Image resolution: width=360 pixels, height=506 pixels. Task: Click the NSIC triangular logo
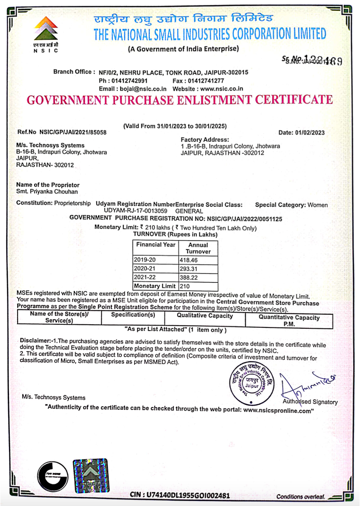coord(46,30)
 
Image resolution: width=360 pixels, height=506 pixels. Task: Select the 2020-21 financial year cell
coord(145,269)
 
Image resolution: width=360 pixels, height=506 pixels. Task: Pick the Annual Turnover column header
coord(198,248)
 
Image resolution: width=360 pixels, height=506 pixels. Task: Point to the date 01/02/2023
coord(308,133)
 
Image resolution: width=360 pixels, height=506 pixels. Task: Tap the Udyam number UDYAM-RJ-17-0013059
coord(135,210)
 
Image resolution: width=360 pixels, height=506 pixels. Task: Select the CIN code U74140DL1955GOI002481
coord(186,495)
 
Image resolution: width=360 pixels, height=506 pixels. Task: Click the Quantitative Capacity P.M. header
coord(289,320)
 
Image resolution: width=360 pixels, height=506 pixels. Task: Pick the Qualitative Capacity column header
coord(205,316)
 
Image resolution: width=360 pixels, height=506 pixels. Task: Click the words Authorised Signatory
coord(310,402)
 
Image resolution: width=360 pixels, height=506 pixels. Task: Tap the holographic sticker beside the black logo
coord(90,476)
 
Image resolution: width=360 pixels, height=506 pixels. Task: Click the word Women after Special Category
coord(318,205)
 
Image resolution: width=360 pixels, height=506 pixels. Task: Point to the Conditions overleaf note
coord(300,496)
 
